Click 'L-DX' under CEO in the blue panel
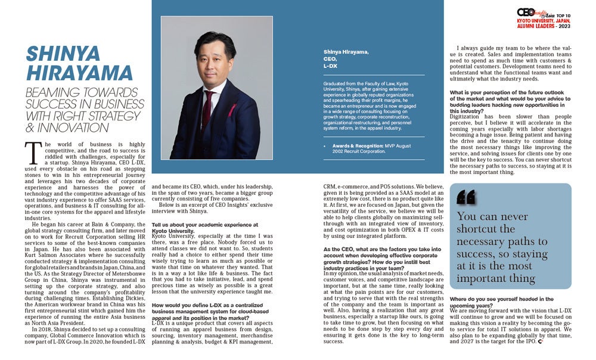[330, 65]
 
